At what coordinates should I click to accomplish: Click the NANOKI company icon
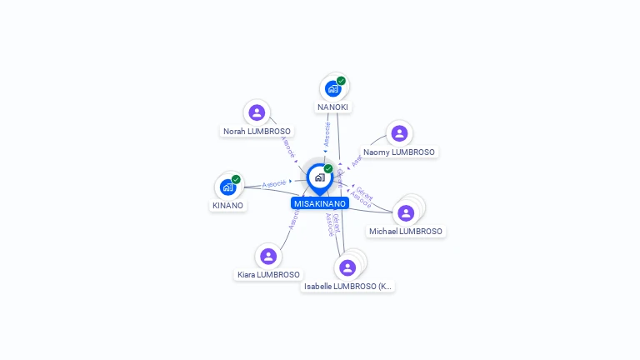(332, 88)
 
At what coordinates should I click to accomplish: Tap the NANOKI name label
(332, 107)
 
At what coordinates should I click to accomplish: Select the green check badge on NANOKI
(341, 81)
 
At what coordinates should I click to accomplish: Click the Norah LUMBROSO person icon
(257, 112)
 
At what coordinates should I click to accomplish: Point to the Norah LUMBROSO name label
(257, 131)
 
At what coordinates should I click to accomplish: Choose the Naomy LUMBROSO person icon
(399, 133)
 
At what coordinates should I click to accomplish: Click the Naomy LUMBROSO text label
(399, 152)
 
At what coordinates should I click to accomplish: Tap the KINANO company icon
(227, 187)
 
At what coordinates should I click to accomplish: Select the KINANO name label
(227, 205)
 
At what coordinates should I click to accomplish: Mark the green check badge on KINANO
(236, 179)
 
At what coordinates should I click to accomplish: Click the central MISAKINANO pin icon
(319, 177)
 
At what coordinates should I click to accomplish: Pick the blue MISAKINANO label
(320, 203)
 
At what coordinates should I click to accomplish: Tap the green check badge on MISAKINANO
(328, 169)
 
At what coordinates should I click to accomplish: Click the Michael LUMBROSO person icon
(406, 213)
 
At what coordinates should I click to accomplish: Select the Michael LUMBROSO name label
(406, 231)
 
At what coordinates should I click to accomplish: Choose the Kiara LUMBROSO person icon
(267, 256)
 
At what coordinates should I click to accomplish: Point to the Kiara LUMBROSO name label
(268, 274)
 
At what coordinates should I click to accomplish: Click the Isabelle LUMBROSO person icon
(347, 267)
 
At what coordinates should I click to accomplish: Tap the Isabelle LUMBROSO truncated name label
(347, 286)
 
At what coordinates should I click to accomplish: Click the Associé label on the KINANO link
(274, 183)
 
